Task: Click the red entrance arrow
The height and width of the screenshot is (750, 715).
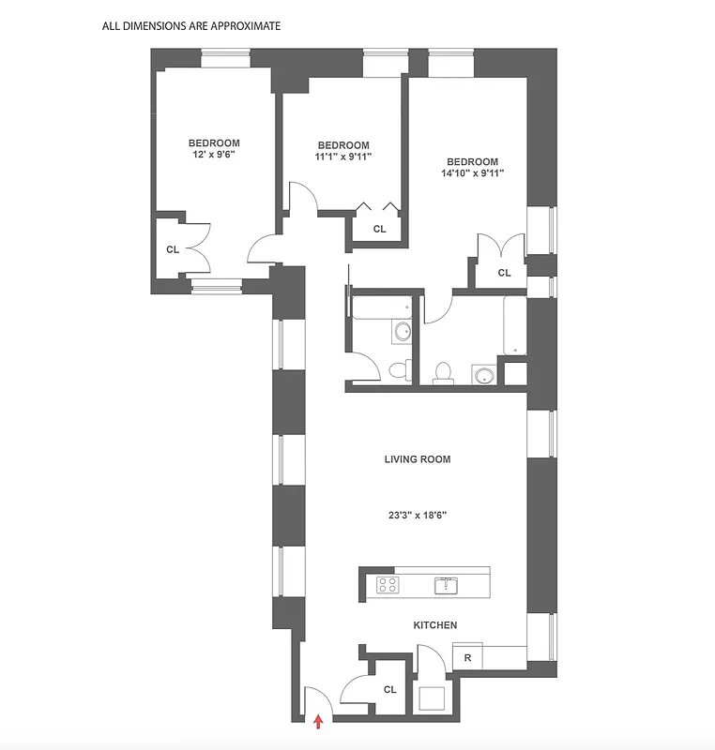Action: tap(318, 721)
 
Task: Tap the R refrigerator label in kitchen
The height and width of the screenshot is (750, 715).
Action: tap(467, 658)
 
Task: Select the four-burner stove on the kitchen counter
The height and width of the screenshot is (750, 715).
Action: tap(387, 585)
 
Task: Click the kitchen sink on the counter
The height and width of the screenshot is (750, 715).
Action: tap(445, 586)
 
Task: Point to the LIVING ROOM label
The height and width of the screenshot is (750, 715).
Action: tap(418, 459)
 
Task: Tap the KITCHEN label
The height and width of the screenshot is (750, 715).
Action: tap(435, 625)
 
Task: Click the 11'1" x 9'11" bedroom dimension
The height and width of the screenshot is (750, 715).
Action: tap(343, 157)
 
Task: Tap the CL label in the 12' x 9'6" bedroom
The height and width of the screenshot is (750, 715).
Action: tap(173, 249)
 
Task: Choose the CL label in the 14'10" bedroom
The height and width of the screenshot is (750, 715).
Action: tap(504, 273)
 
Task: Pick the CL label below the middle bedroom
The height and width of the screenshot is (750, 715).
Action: tap(380, 229)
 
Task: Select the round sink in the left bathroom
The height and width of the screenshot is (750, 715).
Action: tap(403, 331)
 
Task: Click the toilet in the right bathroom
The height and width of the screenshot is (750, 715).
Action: tap(443, 373)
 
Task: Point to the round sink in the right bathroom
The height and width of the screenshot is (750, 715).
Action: tap(484, 375)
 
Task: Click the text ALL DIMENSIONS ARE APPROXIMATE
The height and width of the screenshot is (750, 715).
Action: tap(191, 26)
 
